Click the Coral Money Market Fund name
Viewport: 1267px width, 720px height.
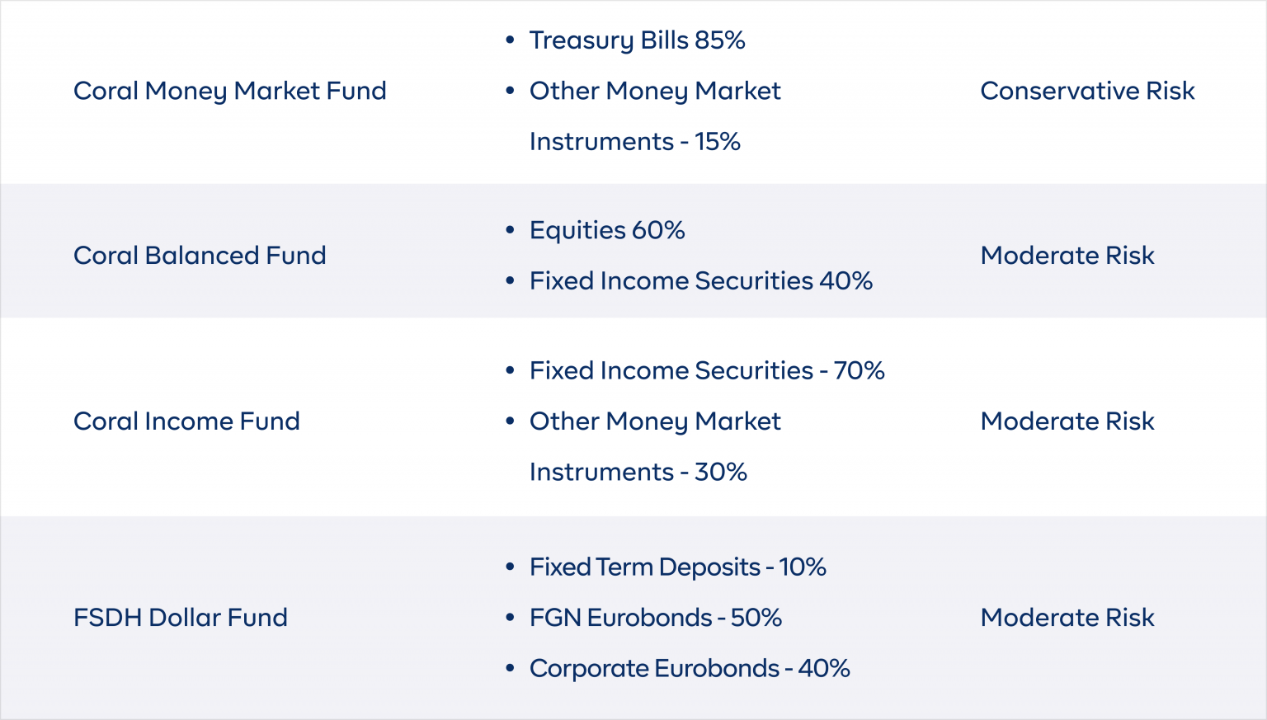(x=229, y=91)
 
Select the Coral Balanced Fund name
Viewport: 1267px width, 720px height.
(x=200, y=256)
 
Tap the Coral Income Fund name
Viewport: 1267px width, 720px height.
(x=186, y=421)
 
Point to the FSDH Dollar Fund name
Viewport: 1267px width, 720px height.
(x=181, y=618)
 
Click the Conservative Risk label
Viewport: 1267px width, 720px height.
(x=1087, y=91)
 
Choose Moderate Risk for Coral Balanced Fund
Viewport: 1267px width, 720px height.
(x=1067, y=256)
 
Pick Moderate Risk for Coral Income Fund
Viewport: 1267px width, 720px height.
(x=1067, y=421)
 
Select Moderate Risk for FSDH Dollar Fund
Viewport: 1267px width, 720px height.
(x=1067, y=618)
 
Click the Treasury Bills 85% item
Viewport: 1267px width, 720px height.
(x=637, y=40)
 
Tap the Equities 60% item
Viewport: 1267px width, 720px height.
(x=607, y=230)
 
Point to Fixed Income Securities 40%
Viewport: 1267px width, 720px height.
(x=701, y=281)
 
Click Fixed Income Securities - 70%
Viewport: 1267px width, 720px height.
(x=707, y=371)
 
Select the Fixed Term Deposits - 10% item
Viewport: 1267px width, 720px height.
(x=677, y=567)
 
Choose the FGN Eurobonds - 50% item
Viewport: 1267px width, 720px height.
(x=656, y=618)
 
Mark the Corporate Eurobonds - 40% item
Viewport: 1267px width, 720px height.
(x=690, y=669)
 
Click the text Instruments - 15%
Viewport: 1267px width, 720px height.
(x=634, y=142)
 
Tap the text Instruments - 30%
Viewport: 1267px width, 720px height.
(x=638, y=473)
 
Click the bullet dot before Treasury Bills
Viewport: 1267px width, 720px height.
(x=511, y=40)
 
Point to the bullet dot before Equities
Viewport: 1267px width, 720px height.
(x=511, y=230)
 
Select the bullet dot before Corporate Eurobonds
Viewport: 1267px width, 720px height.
(x=511, y=668)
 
